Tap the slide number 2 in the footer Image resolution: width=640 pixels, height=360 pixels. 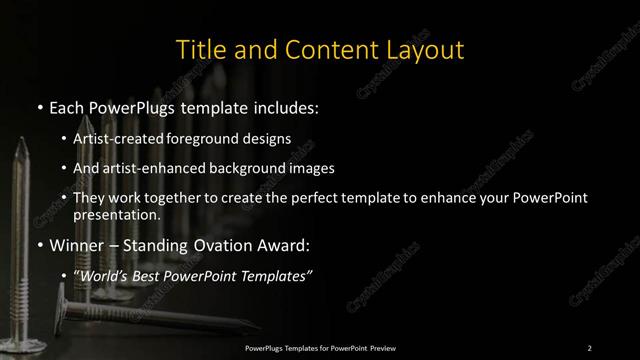pyautogui.click(x=589, y=347)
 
